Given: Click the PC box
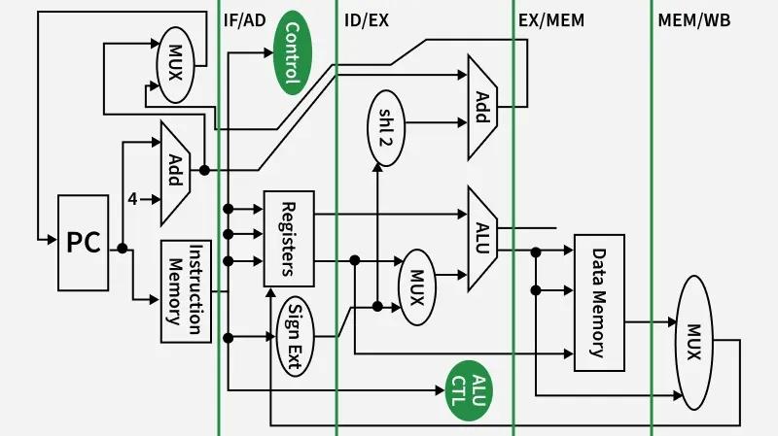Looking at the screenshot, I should (84, 243).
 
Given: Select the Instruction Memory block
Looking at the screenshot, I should (186, 290).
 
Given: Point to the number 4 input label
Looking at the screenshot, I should (132, 199).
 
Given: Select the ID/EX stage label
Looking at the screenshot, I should (367, 19).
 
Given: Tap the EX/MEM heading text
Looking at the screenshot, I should (552, 19).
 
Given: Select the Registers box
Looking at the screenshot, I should (289, 238).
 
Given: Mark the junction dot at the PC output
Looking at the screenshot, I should (123, 249).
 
